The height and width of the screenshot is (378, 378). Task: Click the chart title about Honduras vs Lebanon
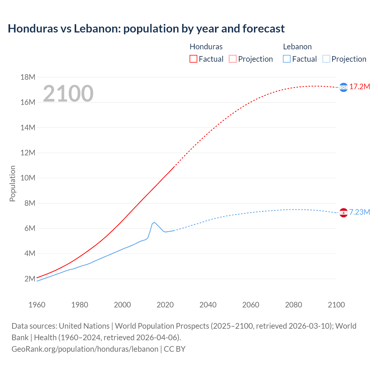[x=146, y=29]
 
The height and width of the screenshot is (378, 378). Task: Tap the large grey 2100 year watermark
[x=68, y=94]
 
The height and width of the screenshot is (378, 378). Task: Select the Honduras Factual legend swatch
[x=193, y=59]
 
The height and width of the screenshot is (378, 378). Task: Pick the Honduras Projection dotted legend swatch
[x=233, y=59]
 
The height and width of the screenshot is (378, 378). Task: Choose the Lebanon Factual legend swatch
[x=287, y=59]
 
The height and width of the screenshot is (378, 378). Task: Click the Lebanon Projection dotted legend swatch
[x=326, y=59]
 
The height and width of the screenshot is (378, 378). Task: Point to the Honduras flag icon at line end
[x=343, y=87]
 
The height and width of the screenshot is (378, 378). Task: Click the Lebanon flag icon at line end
[x=343, y=213]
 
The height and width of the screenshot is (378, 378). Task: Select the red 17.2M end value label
[x=360, y=87]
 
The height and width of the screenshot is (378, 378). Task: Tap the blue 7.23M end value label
[x=360, y=212]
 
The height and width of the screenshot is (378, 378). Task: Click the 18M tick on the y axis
[x=28, y=77]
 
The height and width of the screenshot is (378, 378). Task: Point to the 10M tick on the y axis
[x=28, y=178]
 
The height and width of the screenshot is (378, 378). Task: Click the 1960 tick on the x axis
[x=37, y=305]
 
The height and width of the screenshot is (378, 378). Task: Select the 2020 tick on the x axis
[x=165, y=305]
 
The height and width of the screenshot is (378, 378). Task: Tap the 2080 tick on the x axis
[x=294, y=305]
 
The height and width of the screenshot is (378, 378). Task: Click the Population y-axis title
[x=12, y=183]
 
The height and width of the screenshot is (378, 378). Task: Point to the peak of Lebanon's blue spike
[x=154, y=222]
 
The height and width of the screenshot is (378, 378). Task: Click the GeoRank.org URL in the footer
[x=85, y=349]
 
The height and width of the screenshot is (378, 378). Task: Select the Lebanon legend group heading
[x=297, y=47]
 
